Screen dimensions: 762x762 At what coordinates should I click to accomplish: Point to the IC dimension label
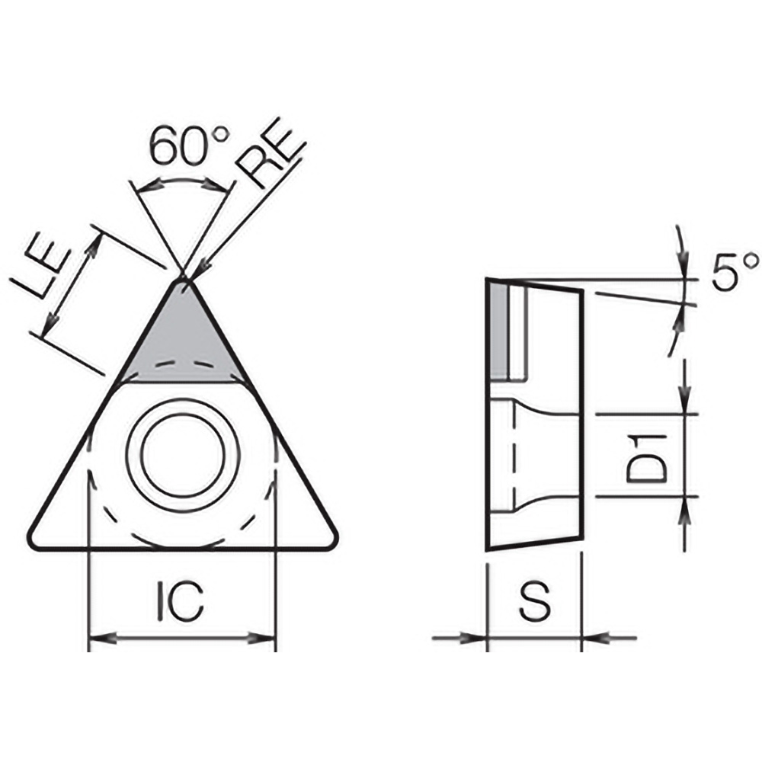(181, 601)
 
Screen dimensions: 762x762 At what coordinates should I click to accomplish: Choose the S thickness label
(534, 601)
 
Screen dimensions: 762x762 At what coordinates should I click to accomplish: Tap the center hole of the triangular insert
(183, 455)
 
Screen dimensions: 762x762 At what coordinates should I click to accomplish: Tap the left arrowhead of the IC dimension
(98, 637)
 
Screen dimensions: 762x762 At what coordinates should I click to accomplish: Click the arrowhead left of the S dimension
(477, 637)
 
